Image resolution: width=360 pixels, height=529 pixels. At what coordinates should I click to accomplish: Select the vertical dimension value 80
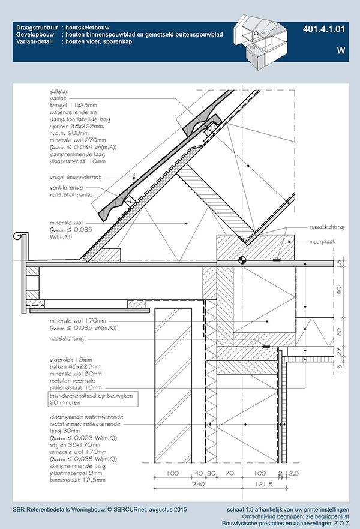coord(339,331)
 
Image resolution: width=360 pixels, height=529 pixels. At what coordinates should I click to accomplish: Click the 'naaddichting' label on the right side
coord(326,228)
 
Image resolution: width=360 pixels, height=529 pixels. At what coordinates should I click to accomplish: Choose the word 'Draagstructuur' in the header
coord(37,28)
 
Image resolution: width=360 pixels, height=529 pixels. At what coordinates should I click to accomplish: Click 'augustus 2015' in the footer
coord(163,509)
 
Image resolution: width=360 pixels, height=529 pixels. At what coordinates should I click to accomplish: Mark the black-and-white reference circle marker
coord(242,260)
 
